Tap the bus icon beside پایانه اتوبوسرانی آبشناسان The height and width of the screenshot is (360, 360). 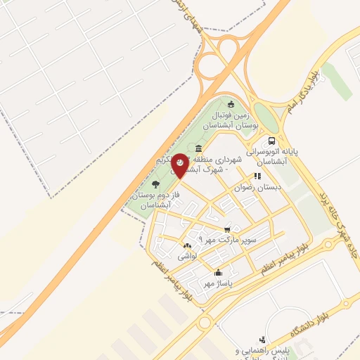271,140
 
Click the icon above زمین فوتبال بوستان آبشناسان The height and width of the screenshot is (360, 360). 230,105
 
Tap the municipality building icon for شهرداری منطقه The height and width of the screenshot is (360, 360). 199,148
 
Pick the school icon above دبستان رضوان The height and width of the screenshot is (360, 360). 257,176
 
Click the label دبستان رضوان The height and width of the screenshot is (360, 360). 258,188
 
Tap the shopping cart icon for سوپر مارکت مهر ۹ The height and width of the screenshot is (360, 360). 226,229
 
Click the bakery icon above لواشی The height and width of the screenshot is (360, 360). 187,246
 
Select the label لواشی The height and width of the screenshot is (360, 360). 186,257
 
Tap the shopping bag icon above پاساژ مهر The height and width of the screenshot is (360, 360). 218,273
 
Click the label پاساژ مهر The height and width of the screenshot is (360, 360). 218,283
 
